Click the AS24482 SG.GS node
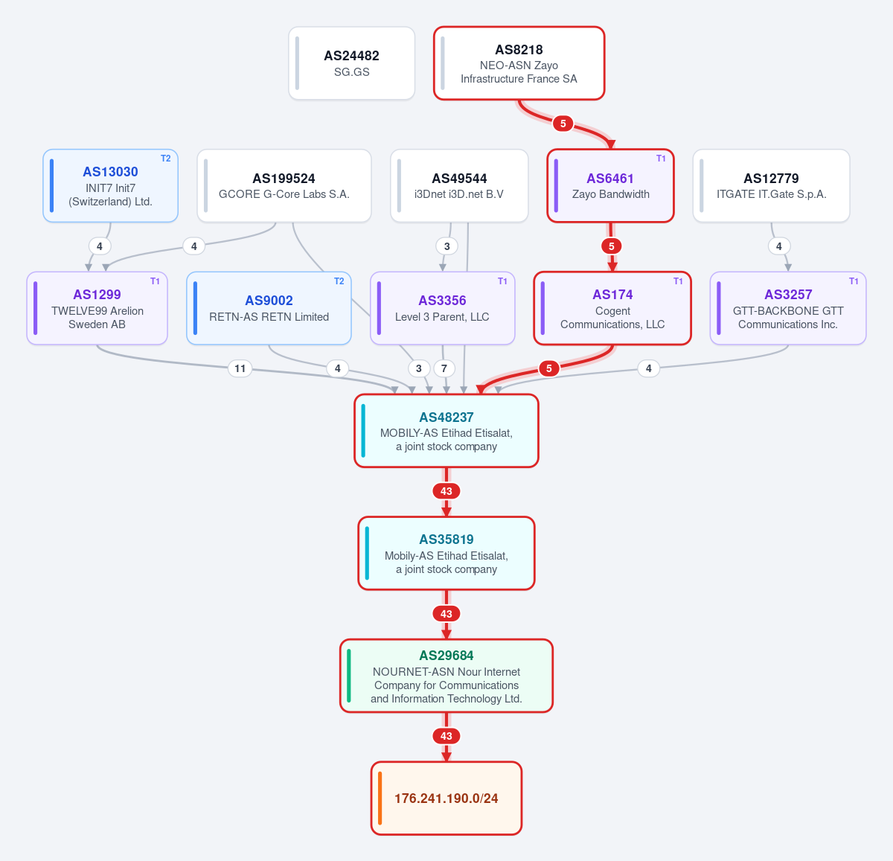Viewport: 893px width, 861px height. pos(351,63)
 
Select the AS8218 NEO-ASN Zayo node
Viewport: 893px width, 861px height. pos(519,63)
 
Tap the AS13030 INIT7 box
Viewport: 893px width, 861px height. pos(110,185)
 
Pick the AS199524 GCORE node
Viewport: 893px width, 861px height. pos(284,185)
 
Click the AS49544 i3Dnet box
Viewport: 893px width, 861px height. pos(459,185)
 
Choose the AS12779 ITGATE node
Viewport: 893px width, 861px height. pos(772,185)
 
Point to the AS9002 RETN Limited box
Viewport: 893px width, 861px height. pos(269,308)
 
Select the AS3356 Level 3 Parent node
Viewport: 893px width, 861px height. pos(442,308)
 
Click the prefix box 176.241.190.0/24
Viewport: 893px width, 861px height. pos(446,798)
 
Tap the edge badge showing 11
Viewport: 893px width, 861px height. pos(240,368)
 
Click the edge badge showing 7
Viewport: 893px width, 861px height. pos(444,368)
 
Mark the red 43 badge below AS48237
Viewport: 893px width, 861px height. pos(446,491)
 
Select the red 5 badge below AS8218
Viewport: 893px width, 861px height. pos(563,124)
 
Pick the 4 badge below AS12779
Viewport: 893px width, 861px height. pos(778,246)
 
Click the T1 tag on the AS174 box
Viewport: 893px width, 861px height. pos(678,281)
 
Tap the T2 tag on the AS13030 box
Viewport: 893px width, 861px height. pos(166,159)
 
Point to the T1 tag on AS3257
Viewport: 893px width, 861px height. pos(854,281)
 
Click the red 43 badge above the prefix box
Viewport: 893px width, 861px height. pos(446,736)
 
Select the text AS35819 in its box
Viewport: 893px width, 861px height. pos(446,540)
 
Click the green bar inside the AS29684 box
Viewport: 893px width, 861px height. pos(349,676)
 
